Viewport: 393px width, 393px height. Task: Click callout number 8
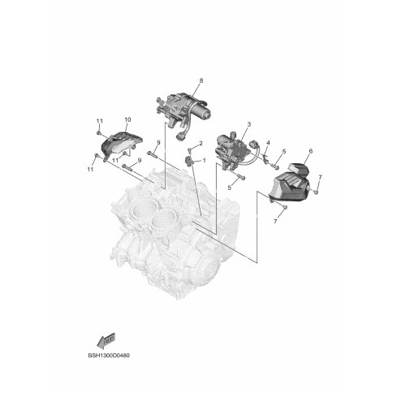click(201, 80)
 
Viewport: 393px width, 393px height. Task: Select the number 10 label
click(127, 119)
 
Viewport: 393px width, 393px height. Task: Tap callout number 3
click(249, 124)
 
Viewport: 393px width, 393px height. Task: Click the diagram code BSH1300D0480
click(109, 355)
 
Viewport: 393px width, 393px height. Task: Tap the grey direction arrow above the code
click(106, 339)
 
